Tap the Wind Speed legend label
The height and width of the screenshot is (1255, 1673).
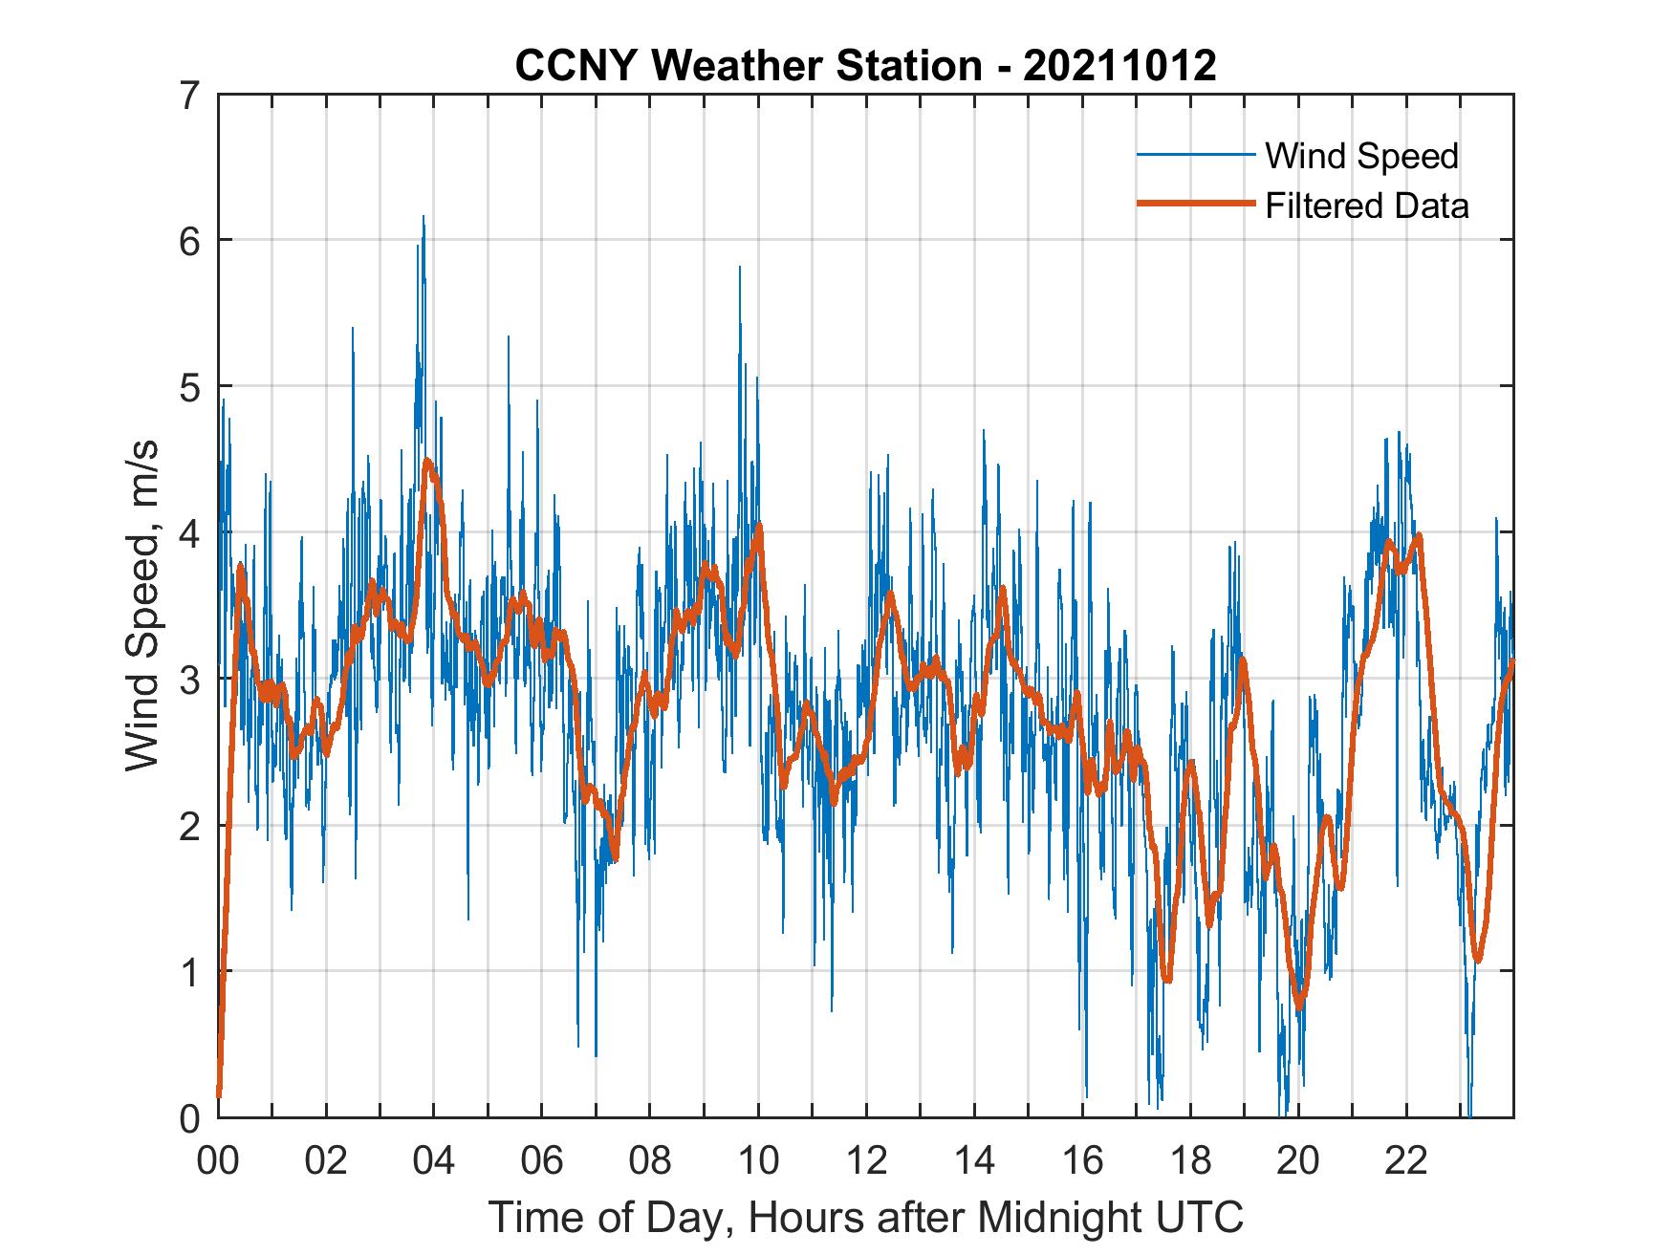(x=1361, y=156)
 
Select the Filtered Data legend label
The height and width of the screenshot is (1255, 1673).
(x=1366, y=206)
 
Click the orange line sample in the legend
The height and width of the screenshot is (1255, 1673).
(x=1195, y=205)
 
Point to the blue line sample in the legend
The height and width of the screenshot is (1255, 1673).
(x=1195, y=155)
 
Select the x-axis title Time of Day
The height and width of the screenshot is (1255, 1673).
(x=866, y=1217)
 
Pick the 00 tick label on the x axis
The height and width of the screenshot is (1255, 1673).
(x=218, y=1161)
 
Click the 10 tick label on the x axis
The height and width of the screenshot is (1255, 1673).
(x=758, y=1161)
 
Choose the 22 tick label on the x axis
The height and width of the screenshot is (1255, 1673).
(x=1406, y=1161)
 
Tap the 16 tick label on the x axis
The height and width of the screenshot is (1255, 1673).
(x=1082, y=1161)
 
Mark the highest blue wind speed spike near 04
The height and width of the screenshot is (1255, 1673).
(x=423, y=218)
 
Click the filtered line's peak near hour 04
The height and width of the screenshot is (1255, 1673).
(x=427, y=462)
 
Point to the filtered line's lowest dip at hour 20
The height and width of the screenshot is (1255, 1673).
(x=1299, y=1006)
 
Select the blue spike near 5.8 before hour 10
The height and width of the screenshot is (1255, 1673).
(x=739, y=269)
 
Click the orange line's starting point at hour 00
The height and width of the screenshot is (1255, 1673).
(x=219, y=1094)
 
